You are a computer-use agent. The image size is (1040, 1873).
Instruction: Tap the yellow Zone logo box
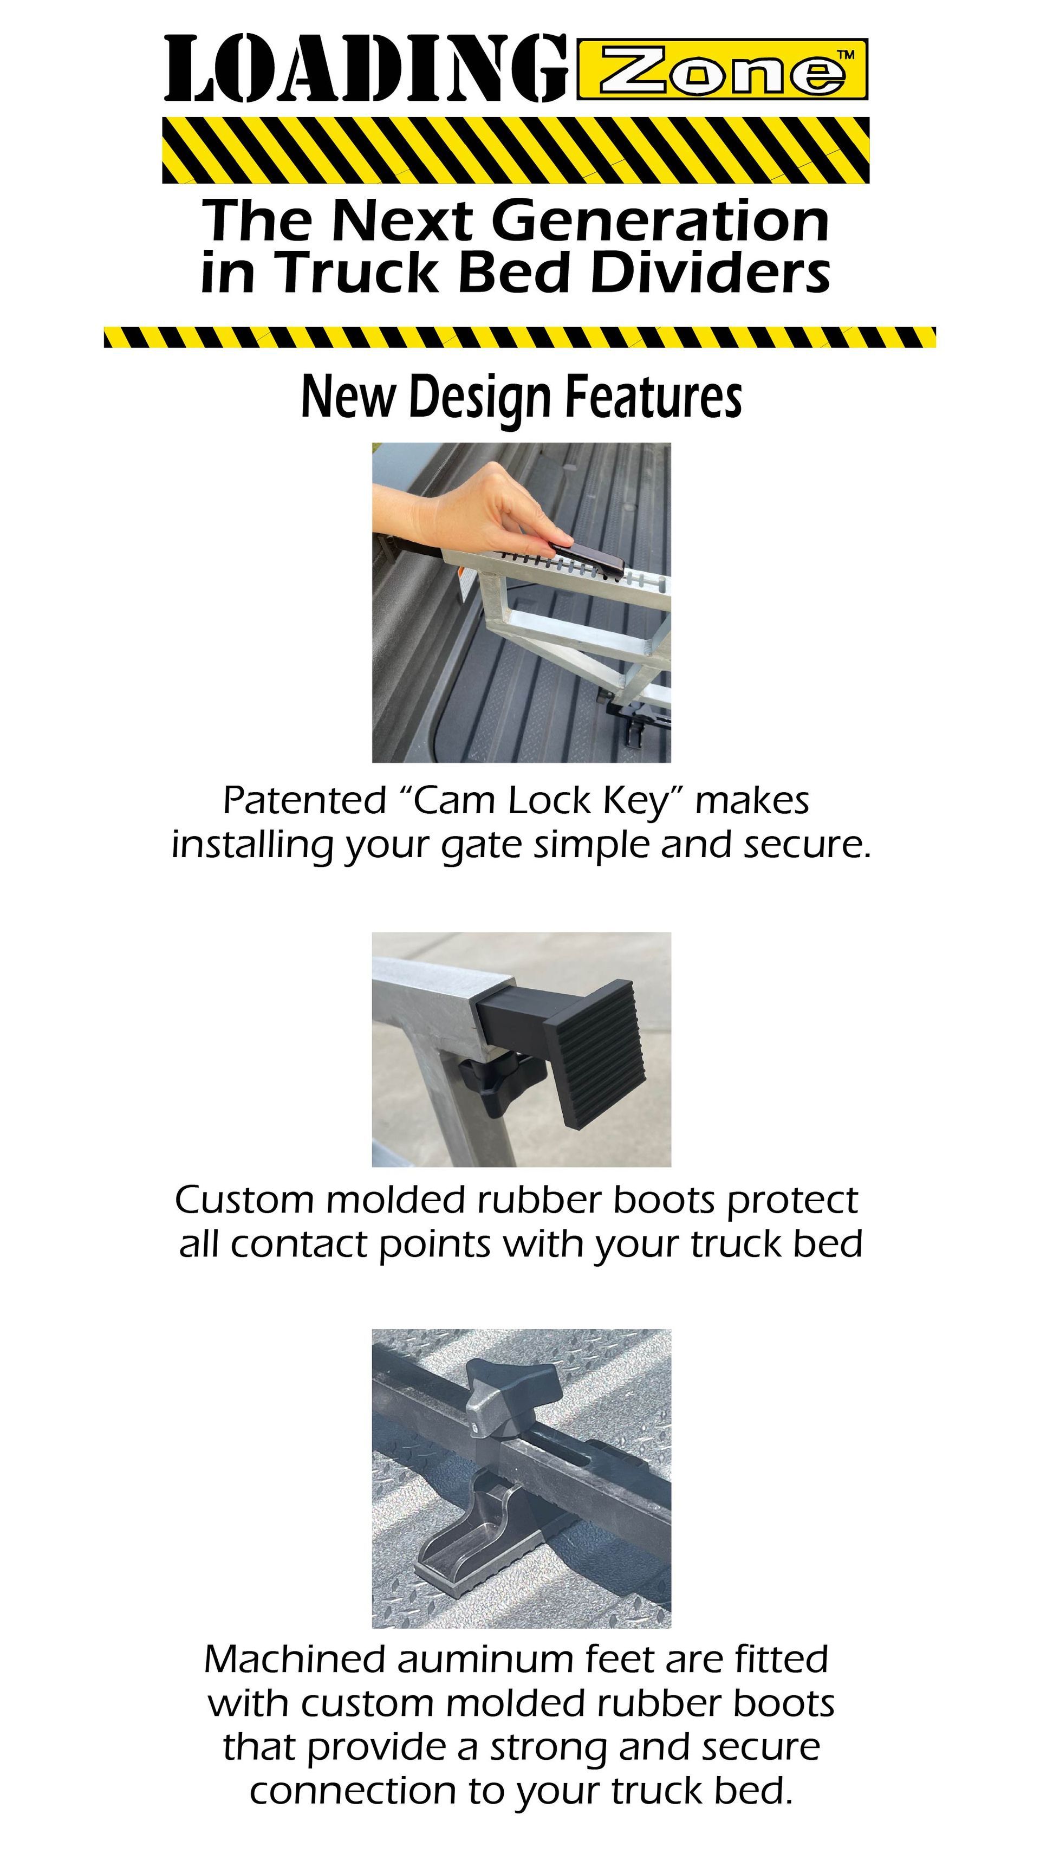(723, 69)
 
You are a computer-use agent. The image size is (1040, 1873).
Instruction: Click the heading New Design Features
(521, 398)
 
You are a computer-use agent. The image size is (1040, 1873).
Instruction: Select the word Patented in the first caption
(304, 801)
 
